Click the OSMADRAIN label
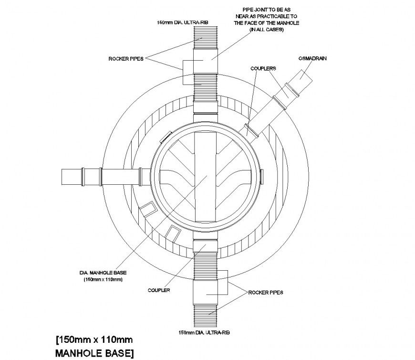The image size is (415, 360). click(315, 58)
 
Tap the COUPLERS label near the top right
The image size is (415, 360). click(263, 69)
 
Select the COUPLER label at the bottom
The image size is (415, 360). click(159, 290)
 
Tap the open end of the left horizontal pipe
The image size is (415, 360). click(64, 177)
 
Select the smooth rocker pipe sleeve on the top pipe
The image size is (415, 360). click(206, 60)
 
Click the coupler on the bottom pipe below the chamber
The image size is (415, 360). click(206, 247)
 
